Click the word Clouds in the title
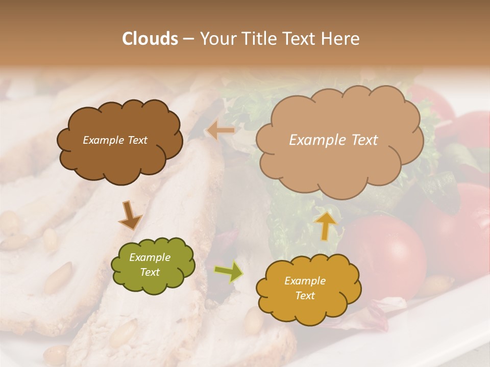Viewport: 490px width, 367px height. pyautogui.click(x=150, y=39)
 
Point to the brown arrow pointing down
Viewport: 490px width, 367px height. pyautogui.click(x=130, y=216)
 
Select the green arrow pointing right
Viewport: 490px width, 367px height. pyautogui.click(x=229, y=272)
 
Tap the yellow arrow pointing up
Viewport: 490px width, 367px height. pyautogui.click(x=326, y=225)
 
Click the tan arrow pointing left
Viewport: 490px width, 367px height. pyautogui.click(x=221, y=130)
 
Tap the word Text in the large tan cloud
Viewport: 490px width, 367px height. pyautogui.click(x=361, y=140)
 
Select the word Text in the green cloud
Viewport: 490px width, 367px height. pyautogui.click(x=150, y=272)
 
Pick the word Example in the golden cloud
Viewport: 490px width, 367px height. pyautogui.click(x=305, y=281)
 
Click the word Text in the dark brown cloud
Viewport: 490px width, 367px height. pyautogui.click(x=137, y=140)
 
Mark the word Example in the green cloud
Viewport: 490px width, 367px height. pyautogui.click(x=150, y=257)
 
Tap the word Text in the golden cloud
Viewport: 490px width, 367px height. pyautogui.click(x=305, y=296)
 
